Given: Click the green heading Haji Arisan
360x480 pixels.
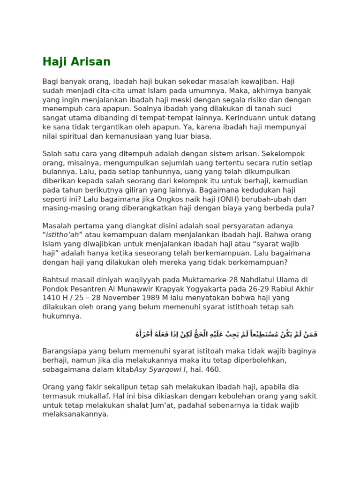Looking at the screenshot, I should [x=76, y=62].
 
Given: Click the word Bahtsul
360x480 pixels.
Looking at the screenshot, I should [x=56, y=280].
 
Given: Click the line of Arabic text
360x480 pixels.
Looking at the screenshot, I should [x=226, y=334].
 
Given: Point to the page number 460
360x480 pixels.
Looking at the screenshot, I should [x=213, y=369].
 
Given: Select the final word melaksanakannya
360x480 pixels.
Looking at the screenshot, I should [x=75, y=414].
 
